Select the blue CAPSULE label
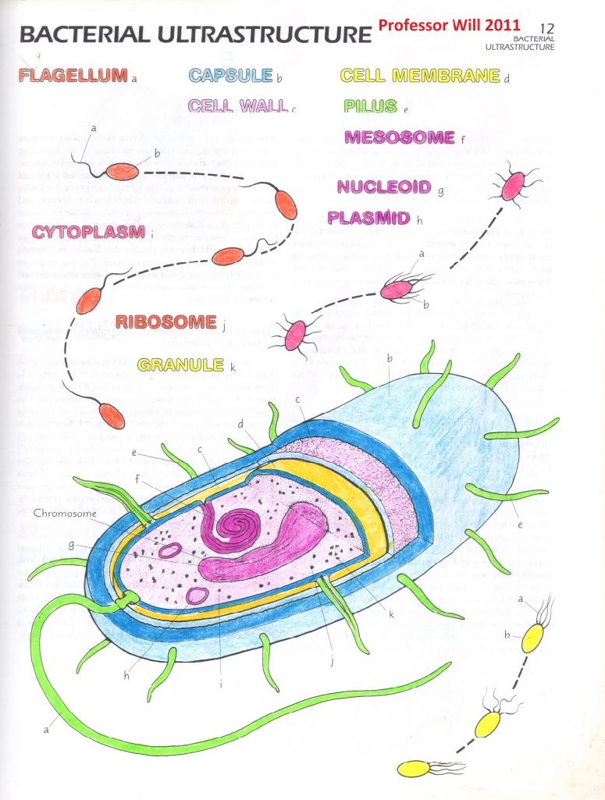point(230,76)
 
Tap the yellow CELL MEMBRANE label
point(419,76)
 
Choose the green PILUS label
point(370,106)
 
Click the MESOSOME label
point(399,138)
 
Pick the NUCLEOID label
point(383,187)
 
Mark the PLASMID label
point(369,217)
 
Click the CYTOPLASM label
point(87,232)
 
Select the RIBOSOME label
point(165,322)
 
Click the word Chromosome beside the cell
point(65,514)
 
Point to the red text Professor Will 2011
point(449,26)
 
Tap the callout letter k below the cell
point(391,615)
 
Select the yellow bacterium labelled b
point(532,637)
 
